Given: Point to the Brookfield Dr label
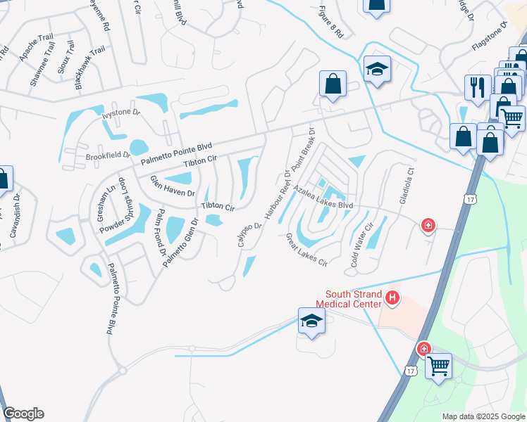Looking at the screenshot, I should coord(108,155).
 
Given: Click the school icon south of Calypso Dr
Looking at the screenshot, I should coord(311,320).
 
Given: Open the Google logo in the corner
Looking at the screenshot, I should coord(23,414).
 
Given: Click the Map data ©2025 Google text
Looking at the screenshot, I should coord(483,416).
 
